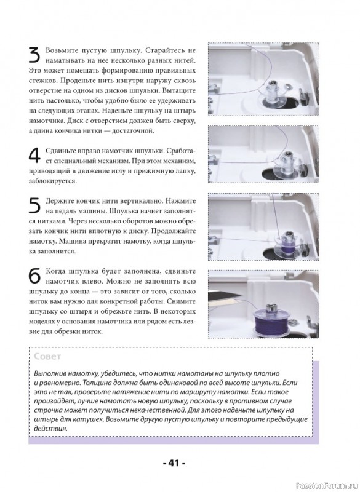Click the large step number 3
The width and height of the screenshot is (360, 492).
tap(34, 55)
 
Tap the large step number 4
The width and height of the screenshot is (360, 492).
tap(34, 156)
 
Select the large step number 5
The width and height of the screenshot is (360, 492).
tap(34, 206)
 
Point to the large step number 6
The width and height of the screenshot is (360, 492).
tap(34, 276)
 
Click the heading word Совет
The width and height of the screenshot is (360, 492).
tap(47, 357)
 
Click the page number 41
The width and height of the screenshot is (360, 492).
tap(174, 463)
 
